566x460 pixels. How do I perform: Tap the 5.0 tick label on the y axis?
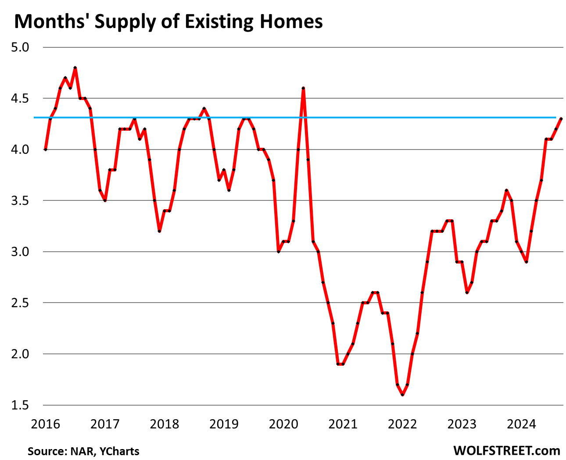click(19, 47)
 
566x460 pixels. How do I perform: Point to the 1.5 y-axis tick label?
click(19, 405)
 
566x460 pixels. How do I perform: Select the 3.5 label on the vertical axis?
click(19, 201)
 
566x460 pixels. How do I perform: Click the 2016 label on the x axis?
click(46, 424)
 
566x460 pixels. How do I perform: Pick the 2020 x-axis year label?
click(283, 424)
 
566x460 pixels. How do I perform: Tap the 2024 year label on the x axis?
click(521, 424)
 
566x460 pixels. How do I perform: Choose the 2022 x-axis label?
click(402, 424)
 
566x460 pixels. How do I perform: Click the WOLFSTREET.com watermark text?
click(507, 450)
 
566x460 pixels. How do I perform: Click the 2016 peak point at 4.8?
click(75, 68)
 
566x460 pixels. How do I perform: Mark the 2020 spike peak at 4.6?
click(303, 88)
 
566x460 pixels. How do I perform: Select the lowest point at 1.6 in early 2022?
click(402, 395)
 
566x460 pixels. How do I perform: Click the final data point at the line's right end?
click(561, 118)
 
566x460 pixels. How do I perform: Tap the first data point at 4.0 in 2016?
click(46, 150)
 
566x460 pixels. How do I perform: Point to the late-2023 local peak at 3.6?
click(506, 190)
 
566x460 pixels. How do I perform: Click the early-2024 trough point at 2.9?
click(526, 262)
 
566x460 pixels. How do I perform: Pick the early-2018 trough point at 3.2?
click(159, 231)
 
